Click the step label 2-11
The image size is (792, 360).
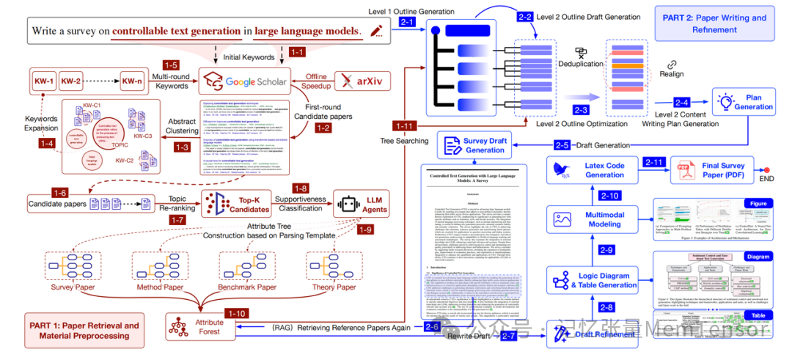[654, 161]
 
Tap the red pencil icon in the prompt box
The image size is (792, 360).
[377, 31]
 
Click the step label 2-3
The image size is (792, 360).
[581, 109]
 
